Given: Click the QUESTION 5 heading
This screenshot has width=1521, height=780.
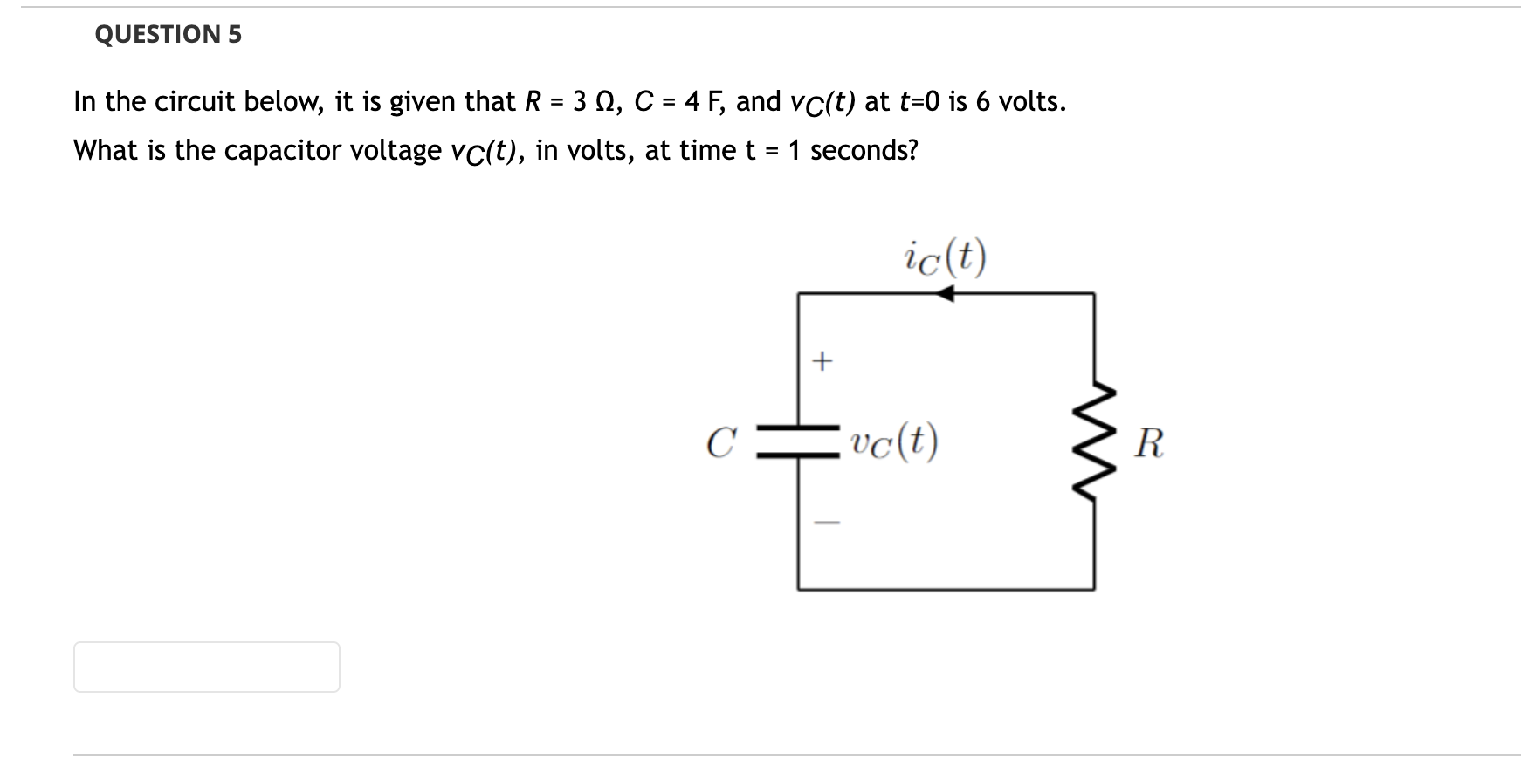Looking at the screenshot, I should click(168, 35).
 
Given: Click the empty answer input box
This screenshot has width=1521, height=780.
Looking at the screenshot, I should click(207, 667).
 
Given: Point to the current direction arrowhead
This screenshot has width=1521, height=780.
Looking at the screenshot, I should click(944, 294).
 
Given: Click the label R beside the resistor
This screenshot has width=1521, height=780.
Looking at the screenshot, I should click(1148, 443).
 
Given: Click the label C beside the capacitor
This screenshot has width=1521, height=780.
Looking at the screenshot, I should click(719, 443).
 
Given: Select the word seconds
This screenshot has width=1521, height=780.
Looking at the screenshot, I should click(864, 151).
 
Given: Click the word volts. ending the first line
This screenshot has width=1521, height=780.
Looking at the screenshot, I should click(1032, 102).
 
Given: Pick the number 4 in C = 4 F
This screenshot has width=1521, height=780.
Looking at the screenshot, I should click(692, 102).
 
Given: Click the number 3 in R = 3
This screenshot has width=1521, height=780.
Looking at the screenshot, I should click(580, 102).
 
